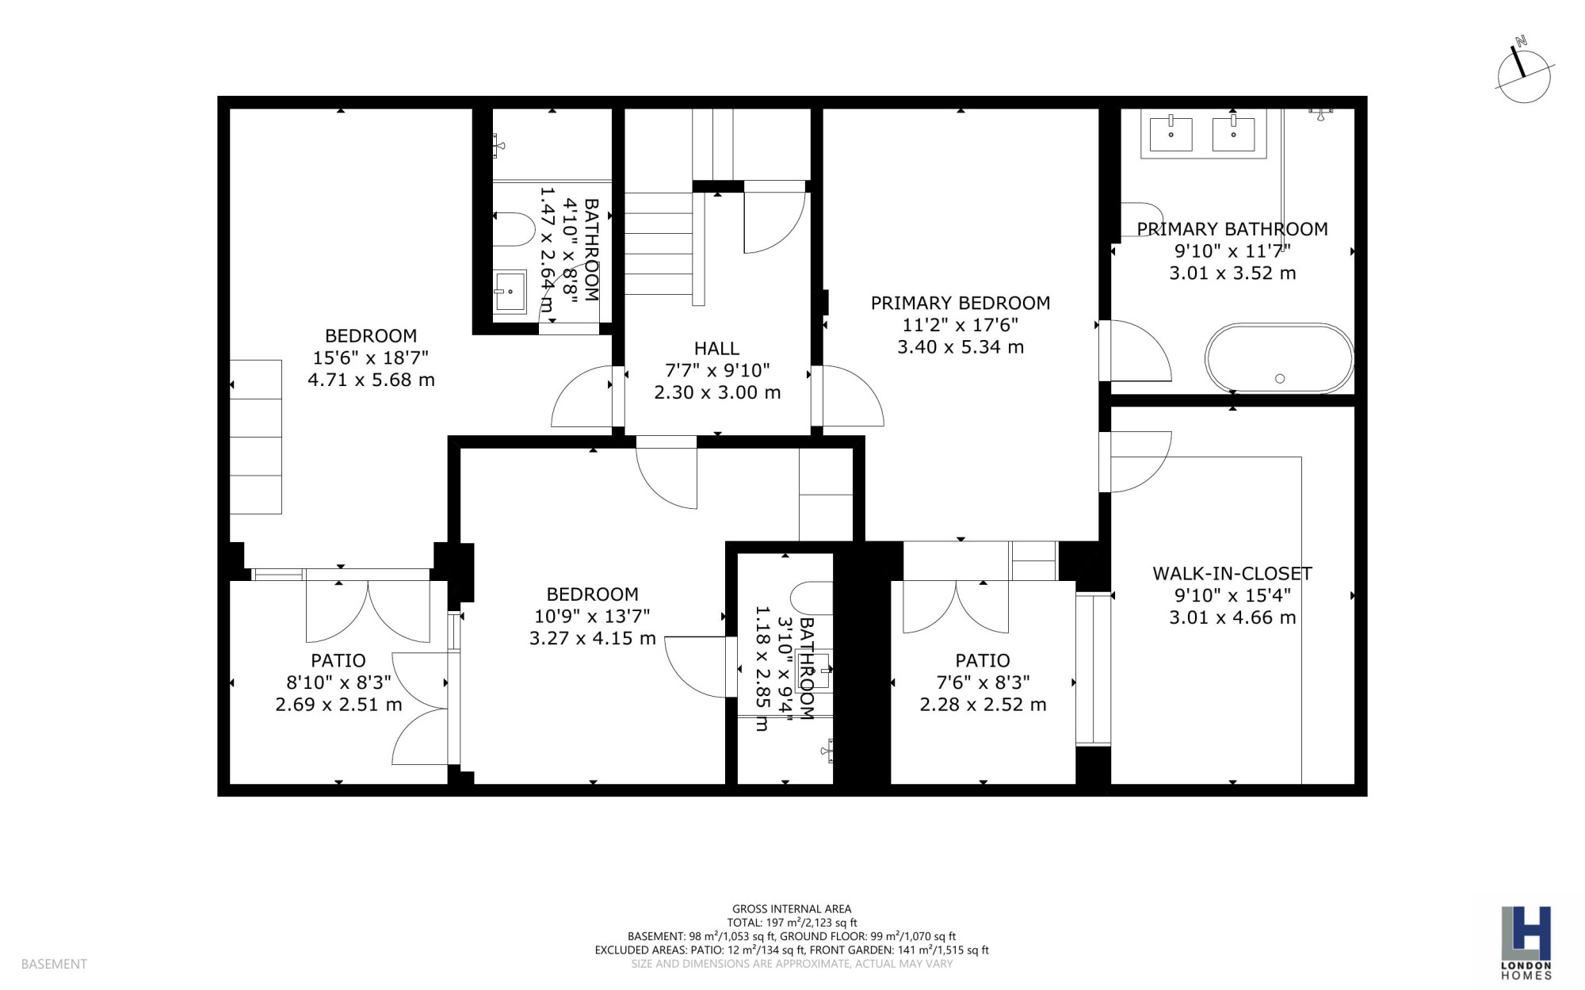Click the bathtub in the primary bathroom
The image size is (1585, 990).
click(x=1279, y=357)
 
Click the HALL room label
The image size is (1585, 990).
click(x=716, y=348)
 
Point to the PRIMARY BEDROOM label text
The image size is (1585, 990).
click(x=961, y=303)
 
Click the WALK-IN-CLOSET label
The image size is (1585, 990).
click(x=1232, y=573)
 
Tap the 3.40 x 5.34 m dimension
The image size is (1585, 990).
click(x=961, y=347)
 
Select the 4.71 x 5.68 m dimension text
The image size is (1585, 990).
click(x=371, y=380)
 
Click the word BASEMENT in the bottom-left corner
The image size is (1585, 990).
click(x=54, y=964)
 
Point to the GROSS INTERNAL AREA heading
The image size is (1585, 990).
click(x=792, y=909)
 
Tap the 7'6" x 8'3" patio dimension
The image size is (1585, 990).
click(x=983, y=682)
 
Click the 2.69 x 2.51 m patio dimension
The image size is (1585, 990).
click(x=338, y=705)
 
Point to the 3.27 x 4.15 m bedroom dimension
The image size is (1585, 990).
click(x=593, y=638)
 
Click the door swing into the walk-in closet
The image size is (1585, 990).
click(x=1140, y=461)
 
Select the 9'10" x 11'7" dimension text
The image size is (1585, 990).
click(x=1232, y=251)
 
